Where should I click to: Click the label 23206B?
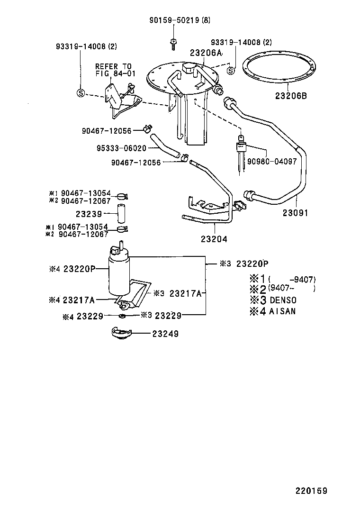291,95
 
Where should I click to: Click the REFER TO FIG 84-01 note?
113,70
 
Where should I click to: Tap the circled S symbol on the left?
81,93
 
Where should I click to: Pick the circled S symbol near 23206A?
231,71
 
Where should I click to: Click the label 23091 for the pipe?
296,213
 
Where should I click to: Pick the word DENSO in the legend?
283,300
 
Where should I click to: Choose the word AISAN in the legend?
282,311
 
